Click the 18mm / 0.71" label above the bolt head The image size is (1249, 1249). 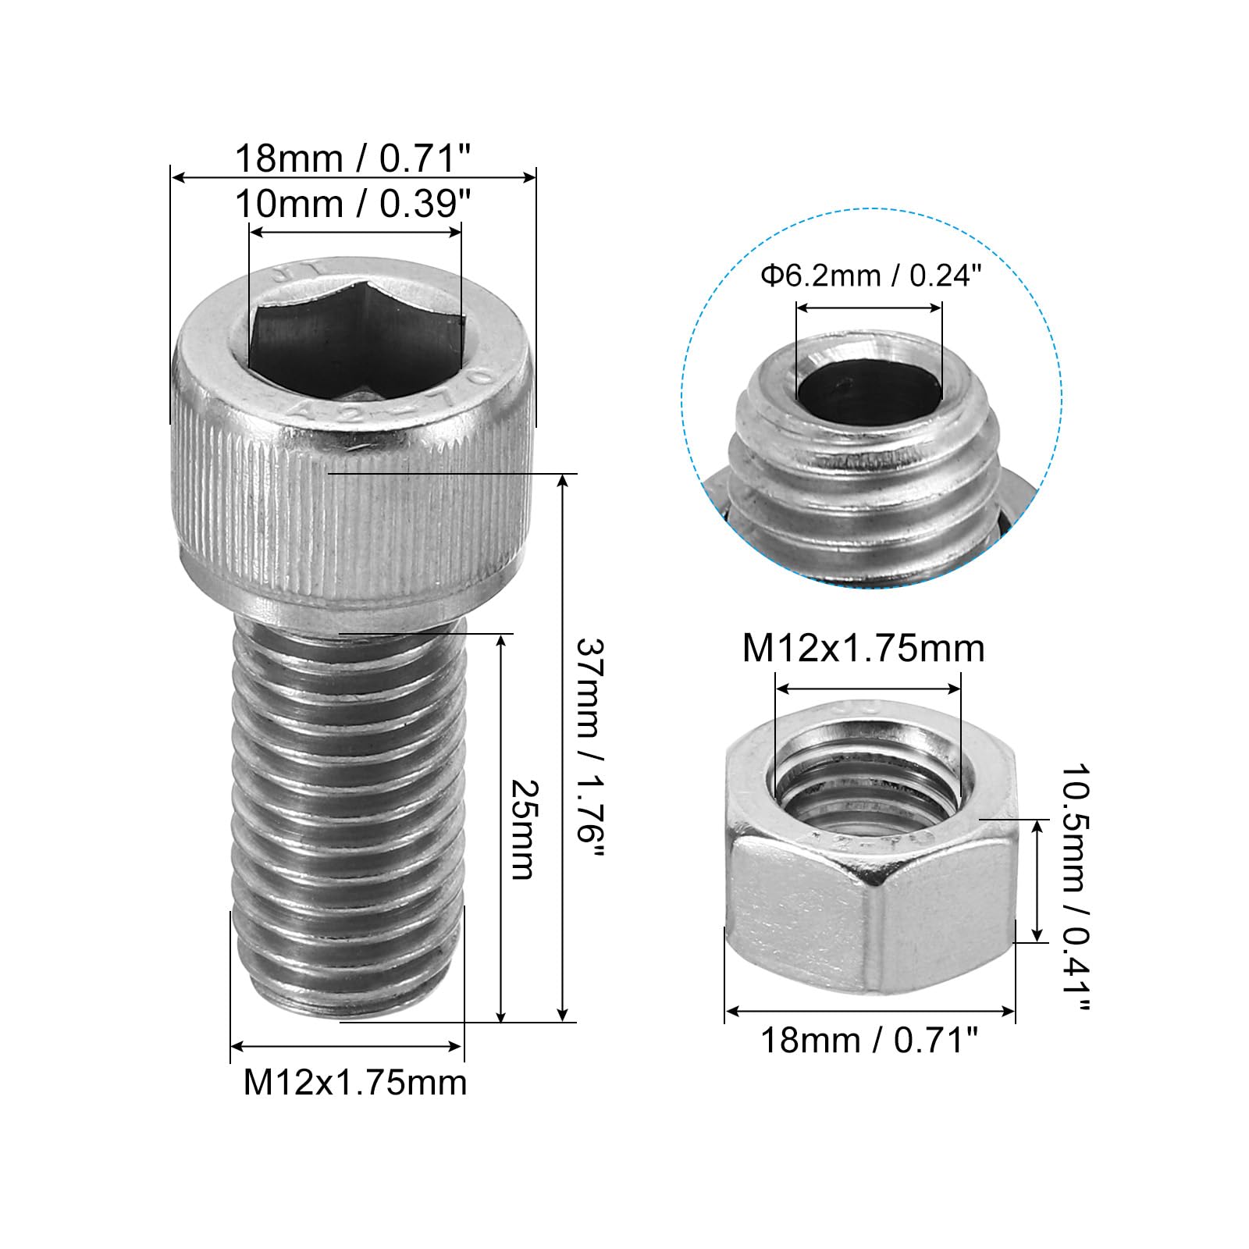coord(354,158)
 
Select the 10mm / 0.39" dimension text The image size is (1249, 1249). coord(354,204)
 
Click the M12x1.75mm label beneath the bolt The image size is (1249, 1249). coord(355,1083)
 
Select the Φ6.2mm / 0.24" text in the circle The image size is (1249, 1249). coord(870,276)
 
